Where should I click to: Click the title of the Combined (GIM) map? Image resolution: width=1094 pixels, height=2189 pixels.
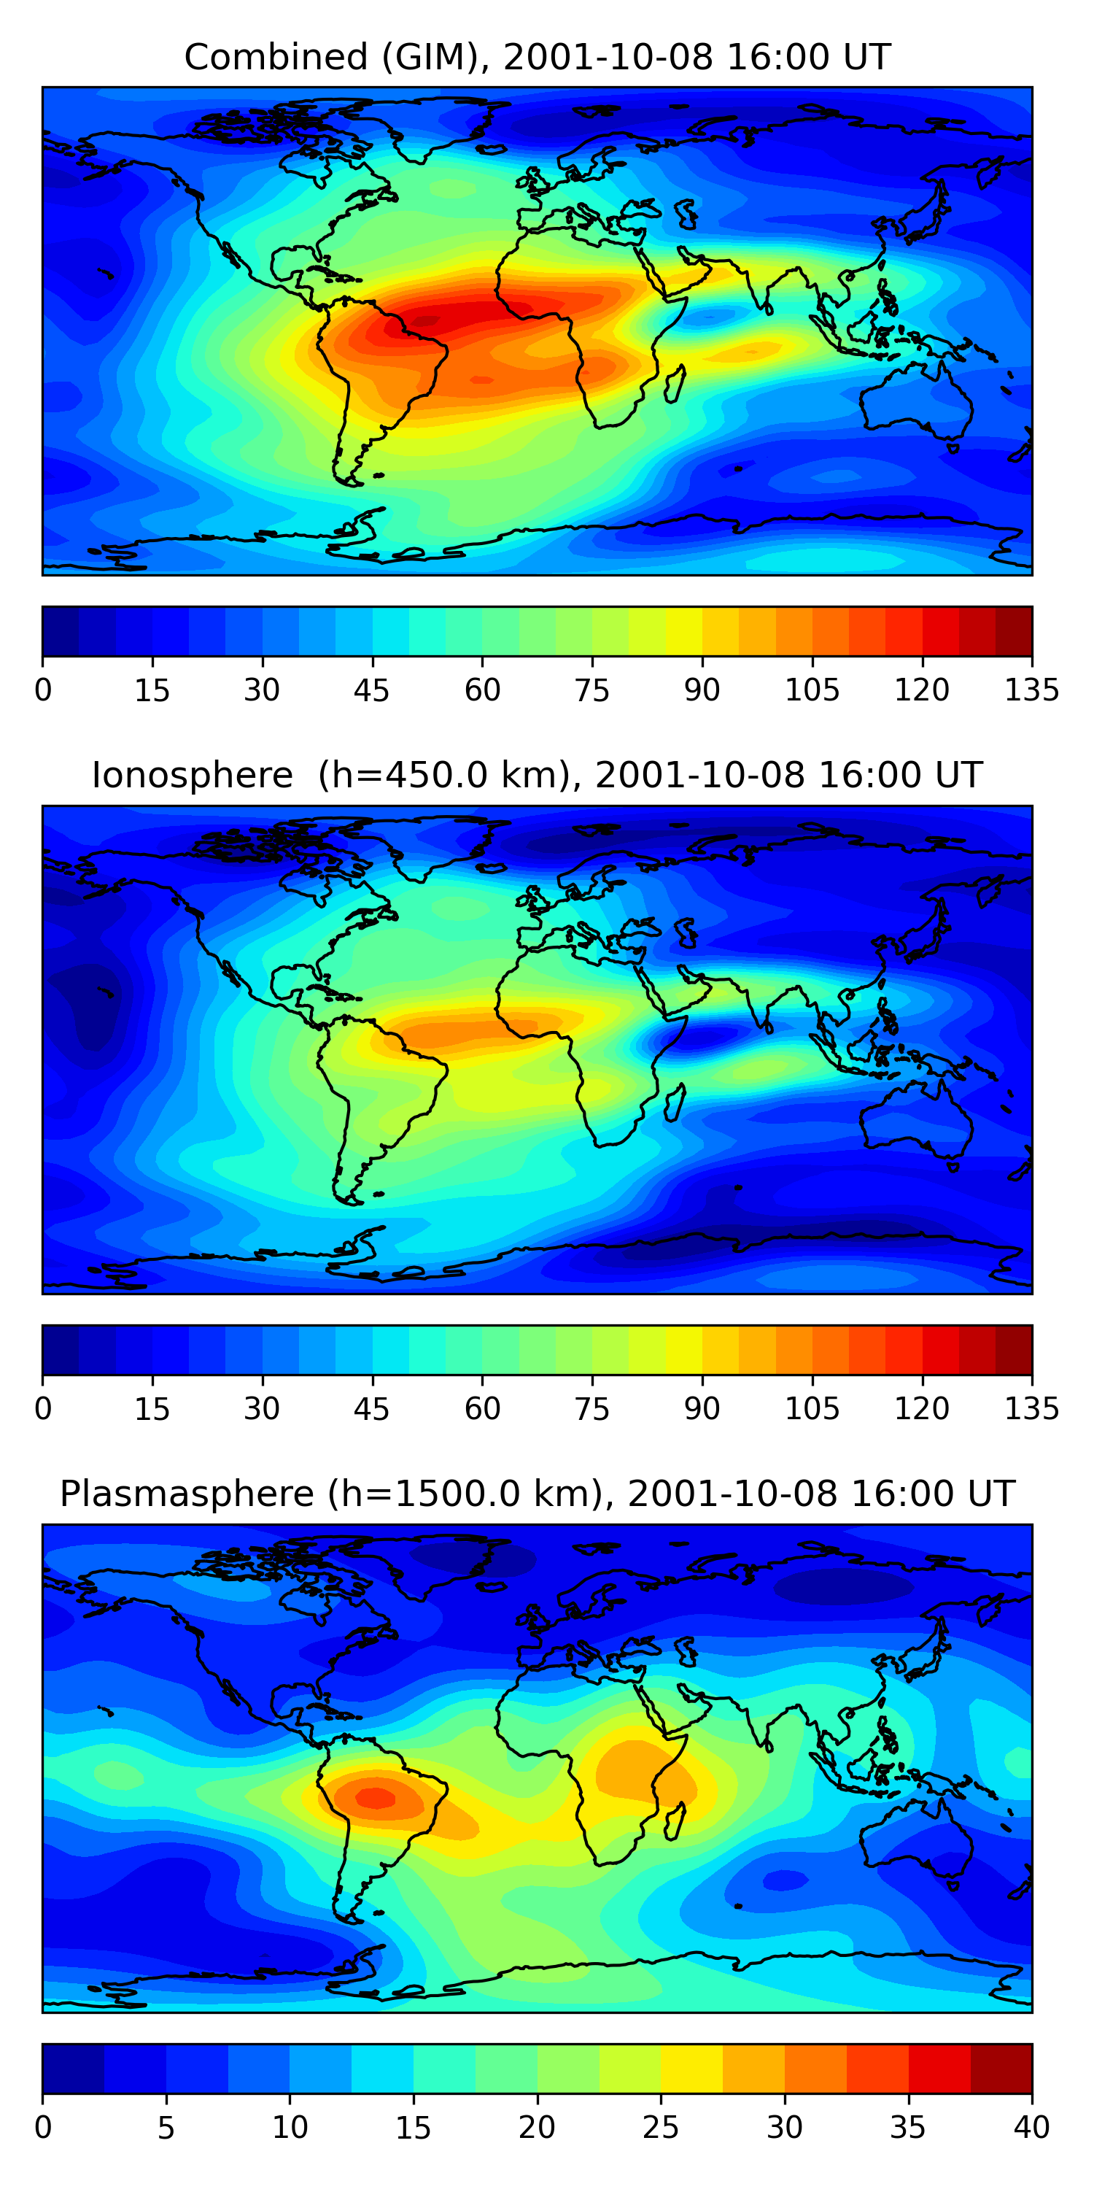pyautogui.click(x=537, y=57)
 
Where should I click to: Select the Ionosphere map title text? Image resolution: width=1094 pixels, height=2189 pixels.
pyautogui.click(x=537, y=775)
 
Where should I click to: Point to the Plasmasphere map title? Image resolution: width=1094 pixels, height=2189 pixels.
pyautogui.click(x=537, y=1493)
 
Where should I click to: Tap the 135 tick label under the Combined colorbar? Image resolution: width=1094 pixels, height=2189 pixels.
pyautogui.click(x=1031, y=690)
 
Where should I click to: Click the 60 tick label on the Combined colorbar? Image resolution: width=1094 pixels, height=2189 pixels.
pyautogui.click(x=481, y=690)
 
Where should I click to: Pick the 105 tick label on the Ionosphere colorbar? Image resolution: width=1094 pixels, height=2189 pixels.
pyautogui.click(x=811, y=1408)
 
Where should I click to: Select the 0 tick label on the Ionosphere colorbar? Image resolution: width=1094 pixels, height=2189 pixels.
pyautogui.click(x=43, y=1408)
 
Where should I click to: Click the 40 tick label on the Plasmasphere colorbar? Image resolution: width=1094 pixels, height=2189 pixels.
pyautogui.click(x=1031, y=2127)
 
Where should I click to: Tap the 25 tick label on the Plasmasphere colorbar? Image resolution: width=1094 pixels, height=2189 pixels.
pyautogui.click(x=660, y=2127)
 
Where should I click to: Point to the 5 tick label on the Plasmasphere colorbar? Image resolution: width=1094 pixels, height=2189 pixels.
pyautogui.click(x=166, y=2127)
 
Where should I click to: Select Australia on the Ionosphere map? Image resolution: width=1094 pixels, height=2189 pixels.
pyautogui.click(x=918, y=1121)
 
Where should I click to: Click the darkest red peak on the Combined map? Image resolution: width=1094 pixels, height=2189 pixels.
pyautogui.click(x=424, y=320)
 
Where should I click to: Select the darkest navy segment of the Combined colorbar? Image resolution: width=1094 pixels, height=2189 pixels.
pyautogui.click(x=61, y=631)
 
